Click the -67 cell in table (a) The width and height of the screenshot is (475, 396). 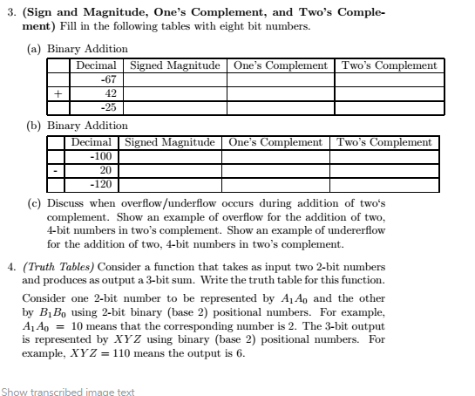tap(109, 79)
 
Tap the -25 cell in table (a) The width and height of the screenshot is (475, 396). tap(109, 107)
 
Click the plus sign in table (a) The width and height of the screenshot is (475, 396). tap(58, 93)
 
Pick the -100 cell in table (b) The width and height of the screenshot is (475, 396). tap(102, 156)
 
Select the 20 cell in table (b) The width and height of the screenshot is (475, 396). tap(104, 170)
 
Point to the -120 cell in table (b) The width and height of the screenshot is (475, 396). tap(102, 184)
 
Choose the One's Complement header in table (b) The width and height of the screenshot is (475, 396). tap(275, 142)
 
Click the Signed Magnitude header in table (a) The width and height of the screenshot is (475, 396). tap(178, 65)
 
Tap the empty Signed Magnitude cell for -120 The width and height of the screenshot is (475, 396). tap(173, 184)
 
